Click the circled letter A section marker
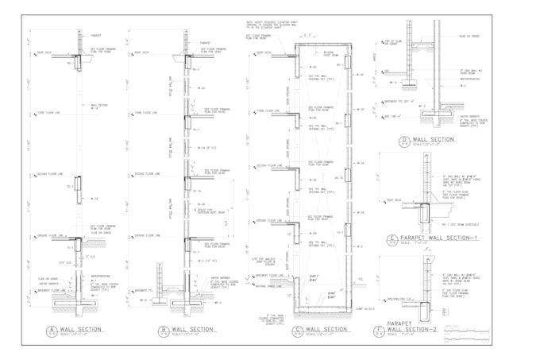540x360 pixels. [x=50, y=330]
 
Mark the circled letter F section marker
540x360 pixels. [x=380, y=329]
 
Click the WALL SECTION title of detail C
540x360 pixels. [x=326, y=329]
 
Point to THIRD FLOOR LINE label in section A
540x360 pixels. [x=43, y=113]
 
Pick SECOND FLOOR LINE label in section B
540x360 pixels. [x=148, y=174]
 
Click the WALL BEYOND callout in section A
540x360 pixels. [x=98, y=105]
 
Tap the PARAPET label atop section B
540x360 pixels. [x=206, y=44]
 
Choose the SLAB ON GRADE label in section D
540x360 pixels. [x=471, y=36]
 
